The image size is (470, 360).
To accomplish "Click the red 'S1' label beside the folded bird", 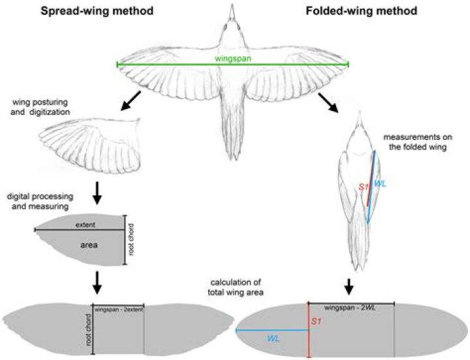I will point(364,188).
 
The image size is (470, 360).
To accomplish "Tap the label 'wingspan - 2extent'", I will point(118,308).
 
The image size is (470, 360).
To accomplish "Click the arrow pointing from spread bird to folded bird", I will point(328,103).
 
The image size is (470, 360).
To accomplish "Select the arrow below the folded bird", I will point(349,285).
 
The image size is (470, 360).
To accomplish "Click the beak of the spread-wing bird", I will point(232,8).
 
